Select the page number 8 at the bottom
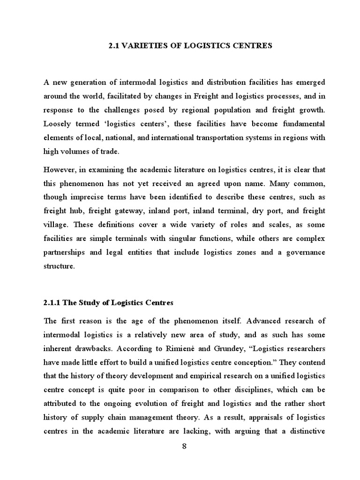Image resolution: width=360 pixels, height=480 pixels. [x=184, y=446]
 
